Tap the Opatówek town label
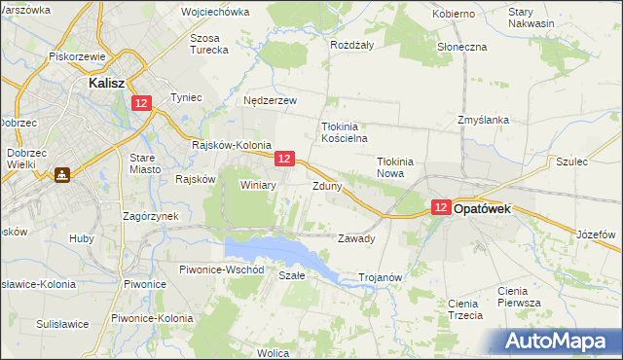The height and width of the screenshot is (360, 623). click(489, 208)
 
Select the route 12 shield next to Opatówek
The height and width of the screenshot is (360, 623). click(441, 208)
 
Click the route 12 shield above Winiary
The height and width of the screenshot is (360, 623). click(284, 158)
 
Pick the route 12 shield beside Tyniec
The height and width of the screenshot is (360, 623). click(142, 103)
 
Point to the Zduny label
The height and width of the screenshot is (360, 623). click(326, 185)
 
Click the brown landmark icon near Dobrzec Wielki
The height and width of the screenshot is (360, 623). click(61, 175)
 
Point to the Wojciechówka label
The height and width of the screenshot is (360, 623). click(215, 13)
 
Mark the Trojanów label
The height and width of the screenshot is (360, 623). click(381, 277)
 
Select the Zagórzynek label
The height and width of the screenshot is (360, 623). click(149, 216)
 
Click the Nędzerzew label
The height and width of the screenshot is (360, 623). click(270, 100)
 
